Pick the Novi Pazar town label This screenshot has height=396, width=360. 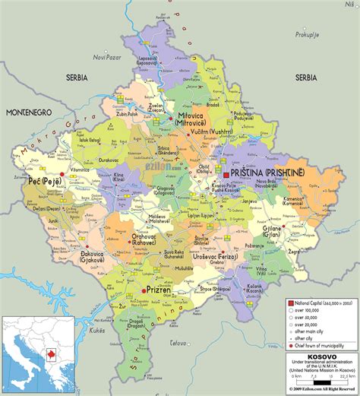tap(108, 58)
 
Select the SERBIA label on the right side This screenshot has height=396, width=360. tap(306, 78)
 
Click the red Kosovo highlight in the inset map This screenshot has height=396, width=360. tap(52, 353)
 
